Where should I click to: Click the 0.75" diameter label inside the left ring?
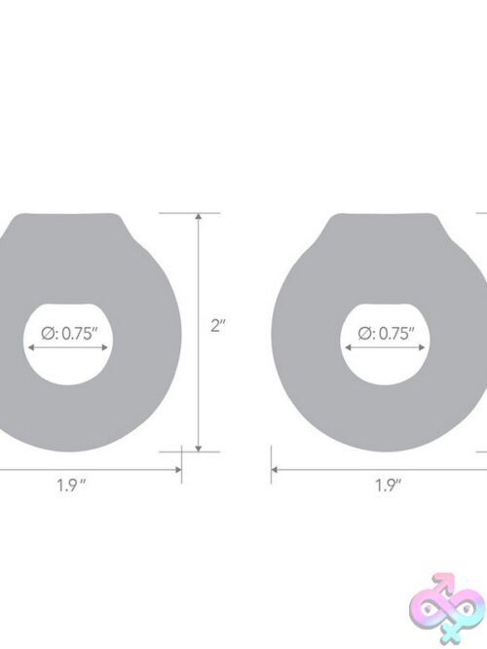pyautogui.click(x=69, y=333)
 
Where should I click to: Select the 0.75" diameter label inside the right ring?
pyautogui.click(x=386, y=333)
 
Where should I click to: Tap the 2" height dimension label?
pyautogui.click(x=217, y=326)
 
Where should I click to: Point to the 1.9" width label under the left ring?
pyautogui.click(x=71, y=486)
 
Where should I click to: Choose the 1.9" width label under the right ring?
pyautogui.click(x=389, y=486)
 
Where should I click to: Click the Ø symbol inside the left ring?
pyautogui.click(x=48, y=333)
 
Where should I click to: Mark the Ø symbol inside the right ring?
pyautogui.click(x=364, y=333)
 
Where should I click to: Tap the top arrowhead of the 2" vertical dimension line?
pyautogui.click(x=199, y=216)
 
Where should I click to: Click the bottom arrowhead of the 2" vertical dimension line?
pyautogui.click(x=199, y=449)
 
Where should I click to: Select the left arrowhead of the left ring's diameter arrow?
pyautogui.click(x=30, y=347)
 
